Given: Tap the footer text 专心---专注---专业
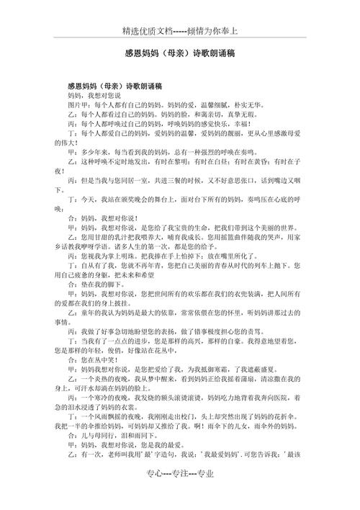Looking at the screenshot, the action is tap(179, 493).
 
